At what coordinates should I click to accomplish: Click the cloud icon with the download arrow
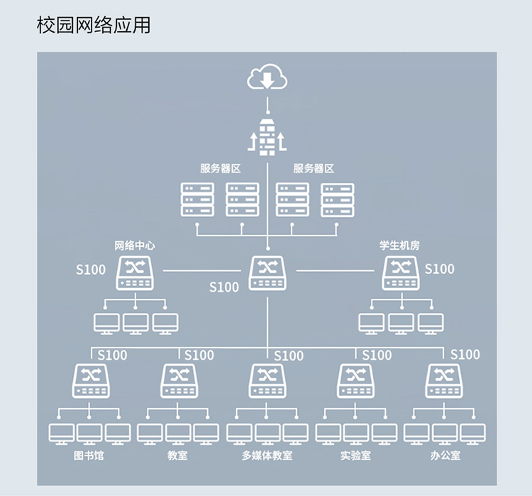[267, 78]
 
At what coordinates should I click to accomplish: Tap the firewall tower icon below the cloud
[267, 138]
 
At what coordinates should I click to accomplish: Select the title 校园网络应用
[93, 26]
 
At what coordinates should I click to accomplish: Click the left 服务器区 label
[221, 169]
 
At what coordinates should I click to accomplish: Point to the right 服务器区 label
[314, 169]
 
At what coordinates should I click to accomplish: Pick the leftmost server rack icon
[197, 199]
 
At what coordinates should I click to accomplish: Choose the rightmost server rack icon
[337, 199]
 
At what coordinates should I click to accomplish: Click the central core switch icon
[267, 273]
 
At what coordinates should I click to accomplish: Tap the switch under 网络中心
[135, 273]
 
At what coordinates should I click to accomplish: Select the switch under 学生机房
[401, 273]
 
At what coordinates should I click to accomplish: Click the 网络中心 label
[135, 246]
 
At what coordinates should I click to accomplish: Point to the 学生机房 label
[399, 246]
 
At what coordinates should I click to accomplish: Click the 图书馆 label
[89, 455]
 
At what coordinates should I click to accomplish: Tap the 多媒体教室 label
[267, 455]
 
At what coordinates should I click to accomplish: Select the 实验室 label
[355, 455]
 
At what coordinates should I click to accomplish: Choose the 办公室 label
[445, 455]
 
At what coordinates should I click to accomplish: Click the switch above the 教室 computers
[179, 380]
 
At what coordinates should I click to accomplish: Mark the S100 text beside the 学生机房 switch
[439, 269]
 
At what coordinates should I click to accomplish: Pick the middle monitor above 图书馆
[89, 433]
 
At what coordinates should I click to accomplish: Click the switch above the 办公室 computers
[444, 380]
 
